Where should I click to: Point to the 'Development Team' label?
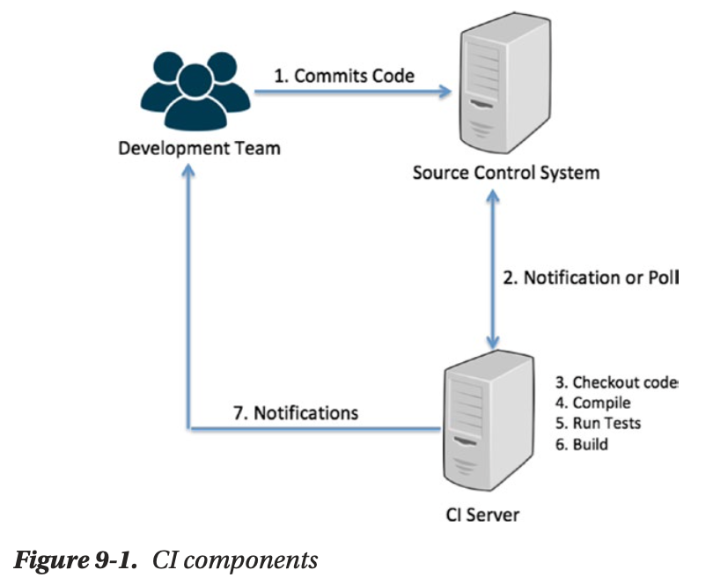click(x=199, y=147)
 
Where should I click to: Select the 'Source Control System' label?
click(x=505, y=172)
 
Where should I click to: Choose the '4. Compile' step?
click(x=594, y=403)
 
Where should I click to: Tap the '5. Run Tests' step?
click(x=598, y=424)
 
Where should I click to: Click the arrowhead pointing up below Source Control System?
click(x=496, y=199)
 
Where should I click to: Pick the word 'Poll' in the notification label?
click(x=664, y=278)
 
